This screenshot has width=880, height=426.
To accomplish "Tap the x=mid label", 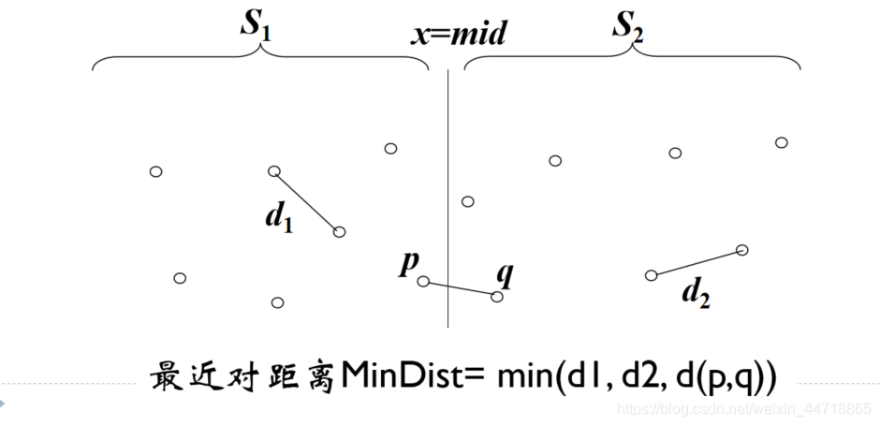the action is pos(459,35).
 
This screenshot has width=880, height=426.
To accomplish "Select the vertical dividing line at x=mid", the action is pos(448,187).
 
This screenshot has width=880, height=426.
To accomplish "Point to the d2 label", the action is pos(696,294).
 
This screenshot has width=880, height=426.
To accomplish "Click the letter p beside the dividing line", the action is pos(408,263).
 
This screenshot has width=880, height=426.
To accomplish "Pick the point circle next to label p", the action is pos(423,281).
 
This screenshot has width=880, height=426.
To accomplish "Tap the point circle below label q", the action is pos(497,297).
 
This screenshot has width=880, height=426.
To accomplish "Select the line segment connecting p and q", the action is pos(461,289).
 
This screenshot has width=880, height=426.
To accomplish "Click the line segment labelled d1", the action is pos(307,201).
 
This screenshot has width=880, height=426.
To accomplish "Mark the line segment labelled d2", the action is pos(697,262).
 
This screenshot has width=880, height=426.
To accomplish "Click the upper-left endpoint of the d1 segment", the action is pos(274,170).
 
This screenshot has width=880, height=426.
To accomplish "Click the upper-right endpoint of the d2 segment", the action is pos(742,249).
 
